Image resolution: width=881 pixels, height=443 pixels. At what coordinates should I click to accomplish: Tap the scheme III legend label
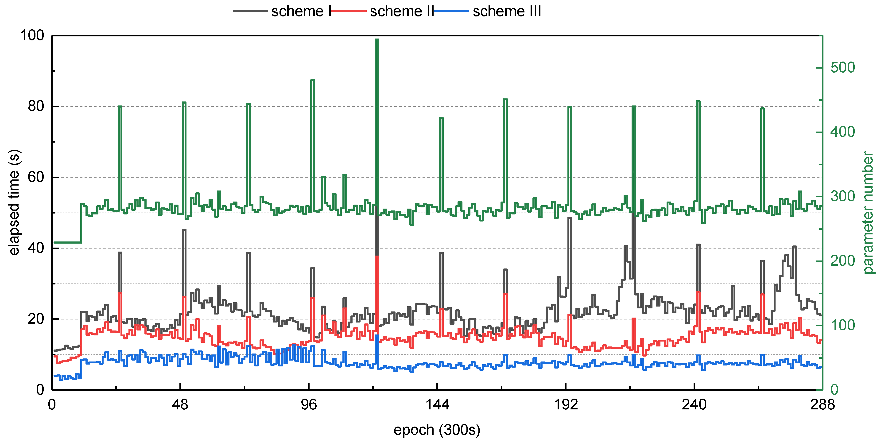(x=507, y=11)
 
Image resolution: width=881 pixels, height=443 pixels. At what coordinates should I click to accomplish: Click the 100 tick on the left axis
(x=32, y=35)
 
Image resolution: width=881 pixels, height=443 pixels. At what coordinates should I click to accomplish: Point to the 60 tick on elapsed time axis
(x=36, y=177)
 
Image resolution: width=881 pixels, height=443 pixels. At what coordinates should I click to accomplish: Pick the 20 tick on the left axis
(x=36, y=319)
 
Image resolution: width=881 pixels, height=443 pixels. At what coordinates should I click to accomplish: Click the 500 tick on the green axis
(x=842, y=68)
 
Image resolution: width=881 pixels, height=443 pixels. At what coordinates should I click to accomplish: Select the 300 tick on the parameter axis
(x=842, y=196)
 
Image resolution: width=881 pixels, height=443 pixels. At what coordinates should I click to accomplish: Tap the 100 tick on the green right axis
(x=842, y=325)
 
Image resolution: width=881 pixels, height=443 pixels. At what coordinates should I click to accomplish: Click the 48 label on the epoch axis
(x=180, y=405)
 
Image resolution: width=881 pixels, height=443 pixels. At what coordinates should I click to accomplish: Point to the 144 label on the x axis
(x=437, y=405)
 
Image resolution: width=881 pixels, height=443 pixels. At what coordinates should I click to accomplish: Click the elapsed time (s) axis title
(x=14, y=202)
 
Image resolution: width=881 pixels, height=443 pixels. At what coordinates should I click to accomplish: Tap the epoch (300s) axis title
(x=437, y=430)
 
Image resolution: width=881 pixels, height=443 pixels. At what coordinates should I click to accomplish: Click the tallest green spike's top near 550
(x=376, y=40)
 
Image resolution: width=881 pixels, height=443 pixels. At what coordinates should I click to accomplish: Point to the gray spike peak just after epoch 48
(x=184, y=230)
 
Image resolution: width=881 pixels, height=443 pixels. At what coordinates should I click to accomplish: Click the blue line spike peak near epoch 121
(x=376, y=336)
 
